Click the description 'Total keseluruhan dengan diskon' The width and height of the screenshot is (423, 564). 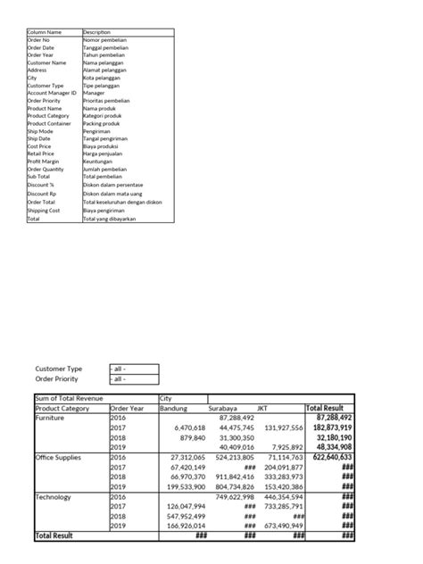pyautogui.click(x=121, y=202)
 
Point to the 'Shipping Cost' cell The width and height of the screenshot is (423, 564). pyautogui.click(x=45, y=210)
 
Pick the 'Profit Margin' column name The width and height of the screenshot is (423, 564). pyautogui.click(x=45, y=161)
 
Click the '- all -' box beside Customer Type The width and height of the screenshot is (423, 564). pyautogui.click(x=132, y=369)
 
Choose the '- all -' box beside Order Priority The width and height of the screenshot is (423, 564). pyautogui.click(x=132, y=378)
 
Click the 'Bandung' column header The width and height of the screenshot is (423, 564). pyautogui.click(x=173, y=408)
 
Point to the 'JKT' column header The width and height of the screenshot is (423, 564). pyautogui.click(x=262, y=408)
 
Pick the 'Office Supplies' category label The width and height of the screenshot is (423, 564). pyautogui.click(x=59, y=457)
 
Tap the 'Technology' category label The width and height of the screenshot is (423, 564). pyautogui.click(x=54, y=496)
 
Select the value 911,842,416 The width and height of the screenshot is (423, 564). pyautogui.click(x=233, y=477)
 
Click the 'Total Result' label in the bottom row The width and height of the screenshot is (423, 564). pyautogui.click(x=56, y=535)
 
